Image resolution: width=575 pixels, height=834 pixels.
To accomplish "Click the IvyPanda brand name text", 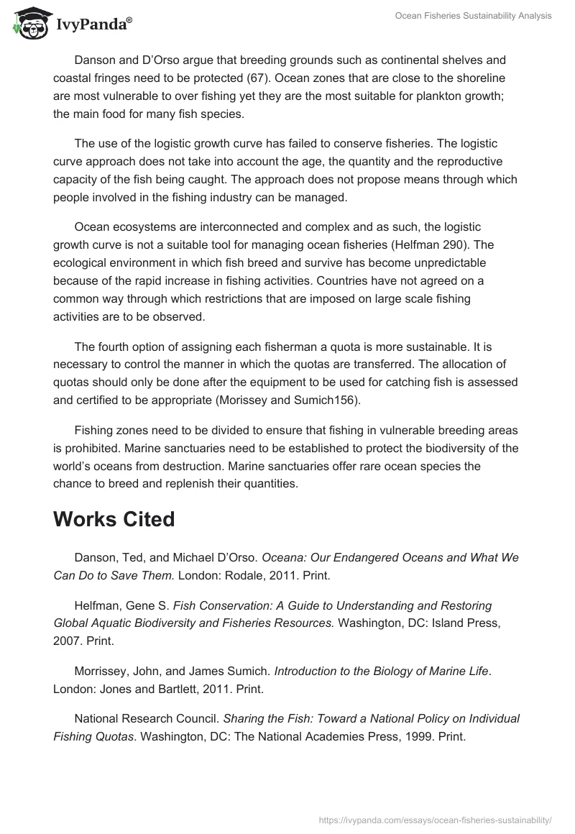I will (x=93, y=25).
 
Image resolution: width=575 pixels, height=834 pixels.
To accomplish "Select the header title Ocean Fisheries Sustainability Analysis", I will (x=474, y=16).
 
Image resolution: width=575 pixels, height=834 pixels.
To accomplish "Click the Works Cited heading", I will (x=114, y=519).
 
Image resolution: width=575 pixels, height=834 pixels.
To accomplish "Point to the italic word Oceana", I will (x=283, y=557).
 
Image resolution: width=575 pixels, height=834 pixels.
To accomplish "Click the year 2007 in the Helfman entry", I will (x=68, y=641).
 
